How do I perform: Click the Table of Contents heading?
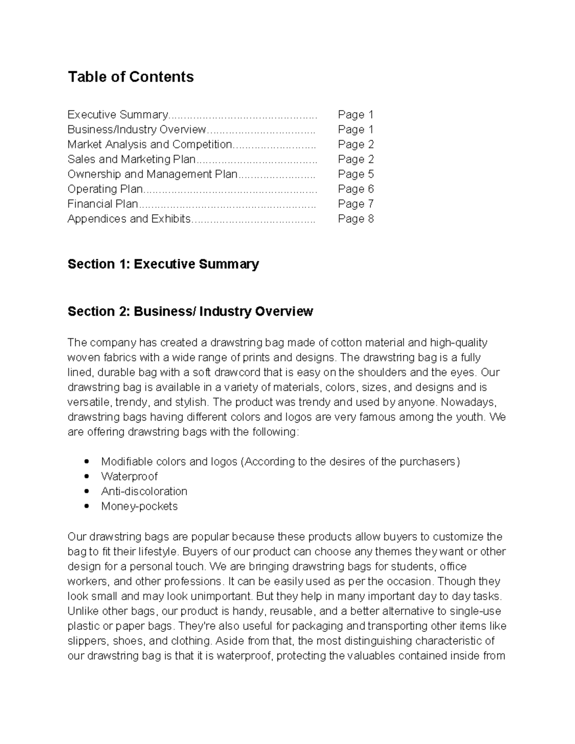tap(130, 77)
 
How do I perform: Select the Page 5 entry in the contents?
tap(356, 174)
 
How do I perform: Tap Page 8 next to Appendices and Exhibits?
tap(356, 218)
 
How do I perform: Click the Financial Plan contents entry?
tap(103, 204)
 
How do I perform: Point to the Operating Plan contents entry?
tap(105, 189)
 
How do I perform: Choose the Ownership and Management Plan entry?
tap(152, 174)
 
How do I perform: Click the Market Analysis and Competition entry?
tap(149, 144)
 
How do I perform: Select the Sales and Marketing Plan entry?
tap(131, 159)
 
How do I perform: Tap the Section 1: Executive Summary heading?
tap(163, 264)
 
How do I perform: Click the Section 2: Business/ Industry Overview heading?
tap(190, 311)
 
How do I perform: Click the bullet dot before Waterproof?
tap(87, 477)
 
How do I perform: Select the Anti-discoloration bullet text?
tap(144, 492)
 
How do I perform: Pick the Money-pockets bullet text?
tap(139, 506)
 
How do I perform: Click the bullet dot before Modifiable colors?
tap(87, 462)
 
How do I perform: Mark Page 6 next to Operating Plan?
tap(356, 189)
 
